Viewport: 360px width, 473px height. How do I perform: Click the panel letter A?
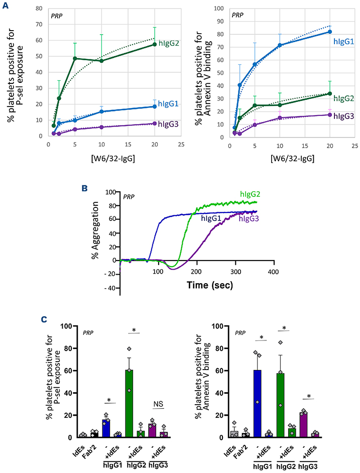pos(5,5)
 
